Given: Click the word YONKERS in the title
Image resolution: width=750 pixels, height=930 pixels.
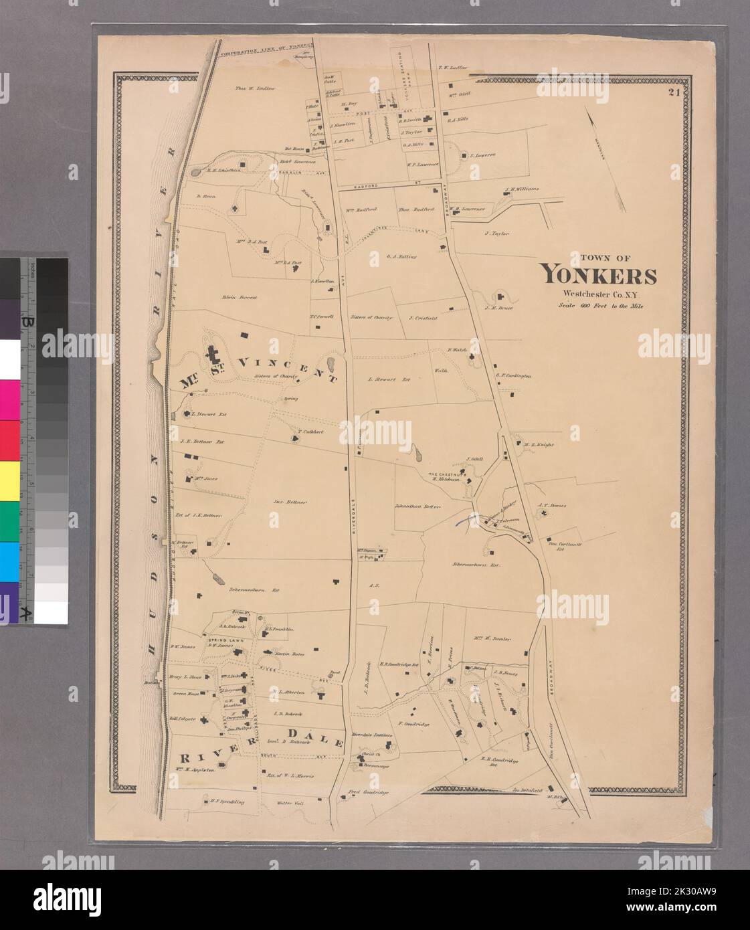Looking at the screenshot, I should [598, 275].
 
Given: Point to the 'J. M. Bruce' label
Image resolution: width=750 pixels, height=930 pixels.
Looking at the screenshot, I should [498, 308].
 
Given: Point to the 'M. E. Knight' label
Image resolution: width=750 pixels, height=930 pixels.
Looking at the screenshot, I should [539, 444].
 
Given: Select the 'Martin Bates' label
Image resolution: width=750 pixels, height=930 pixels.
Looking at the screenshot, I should [290, 653].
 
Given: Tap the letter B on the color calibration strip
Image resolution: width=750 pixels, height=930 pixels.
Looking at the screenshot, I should [27, 322].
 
